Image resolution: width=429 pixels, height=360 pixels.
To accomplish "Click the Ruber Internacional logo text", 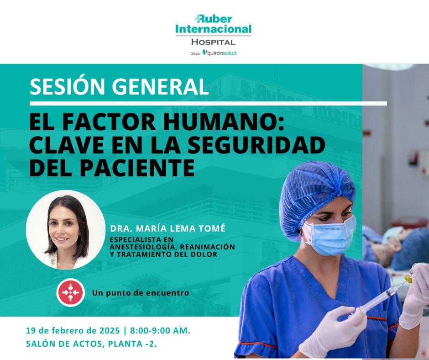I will (x=213, y=24).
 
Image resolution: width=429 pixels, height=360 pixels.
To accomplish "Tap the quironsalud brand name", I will (x=222, y=53).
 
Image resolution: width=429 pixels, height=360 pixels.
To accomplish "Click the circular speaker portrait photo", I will (x=66, y=230).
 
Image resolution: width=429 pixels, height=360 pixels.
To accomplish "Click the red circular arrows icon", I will (x=70, y=292).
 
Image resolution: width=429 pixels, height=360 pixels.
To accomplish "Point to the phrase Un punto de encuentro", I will (x=140, y=293).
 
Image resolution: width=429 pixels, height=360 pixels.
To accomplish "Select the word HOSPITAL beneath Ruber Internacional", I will (x=213, y=42).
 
